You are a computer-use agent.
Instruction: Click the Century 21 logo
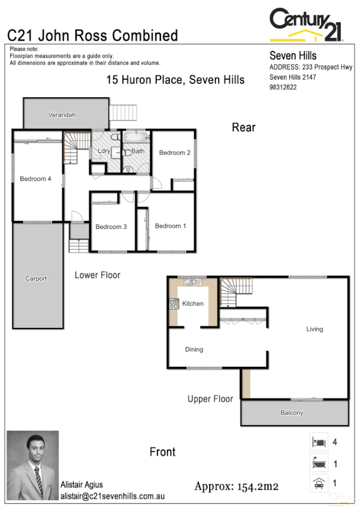tap(306, 24)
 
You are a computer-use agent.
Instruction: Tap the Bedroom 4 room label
tap(35, 179)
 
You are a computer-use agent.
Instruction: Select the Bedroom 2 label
tap(174, 153)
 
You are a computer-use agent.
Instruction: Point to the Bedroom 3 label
tap(111, 227)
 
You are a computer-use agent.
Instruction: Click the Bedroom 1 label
tap(170, 226)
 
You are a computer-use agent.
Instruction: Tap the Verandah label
tap(62, 115)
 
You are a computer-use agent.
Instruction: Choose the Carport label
tap(36, 278)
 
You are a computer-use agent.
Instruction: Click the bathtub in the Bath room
tap(136, 137)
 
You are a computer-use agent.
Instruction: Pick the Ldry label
tap(104, 151)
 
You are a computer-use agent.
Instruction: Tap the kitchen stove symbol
tap(174, 304)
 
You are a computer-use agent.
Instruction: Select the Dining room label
tap(193, 350)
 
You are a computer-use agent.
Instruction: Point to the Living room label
tap(314, 329)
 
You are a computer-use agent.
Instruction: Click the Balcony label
tap(292, 413)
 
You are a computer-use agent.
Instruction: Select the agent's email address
tap(112, 496)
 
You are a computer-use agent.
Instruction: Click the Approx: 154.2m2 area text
tap(237, 486)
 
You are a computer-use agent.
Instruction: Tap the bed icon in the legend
tap(317, 442)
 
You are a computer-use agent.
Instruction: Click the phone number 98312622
tap(283, 87)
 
